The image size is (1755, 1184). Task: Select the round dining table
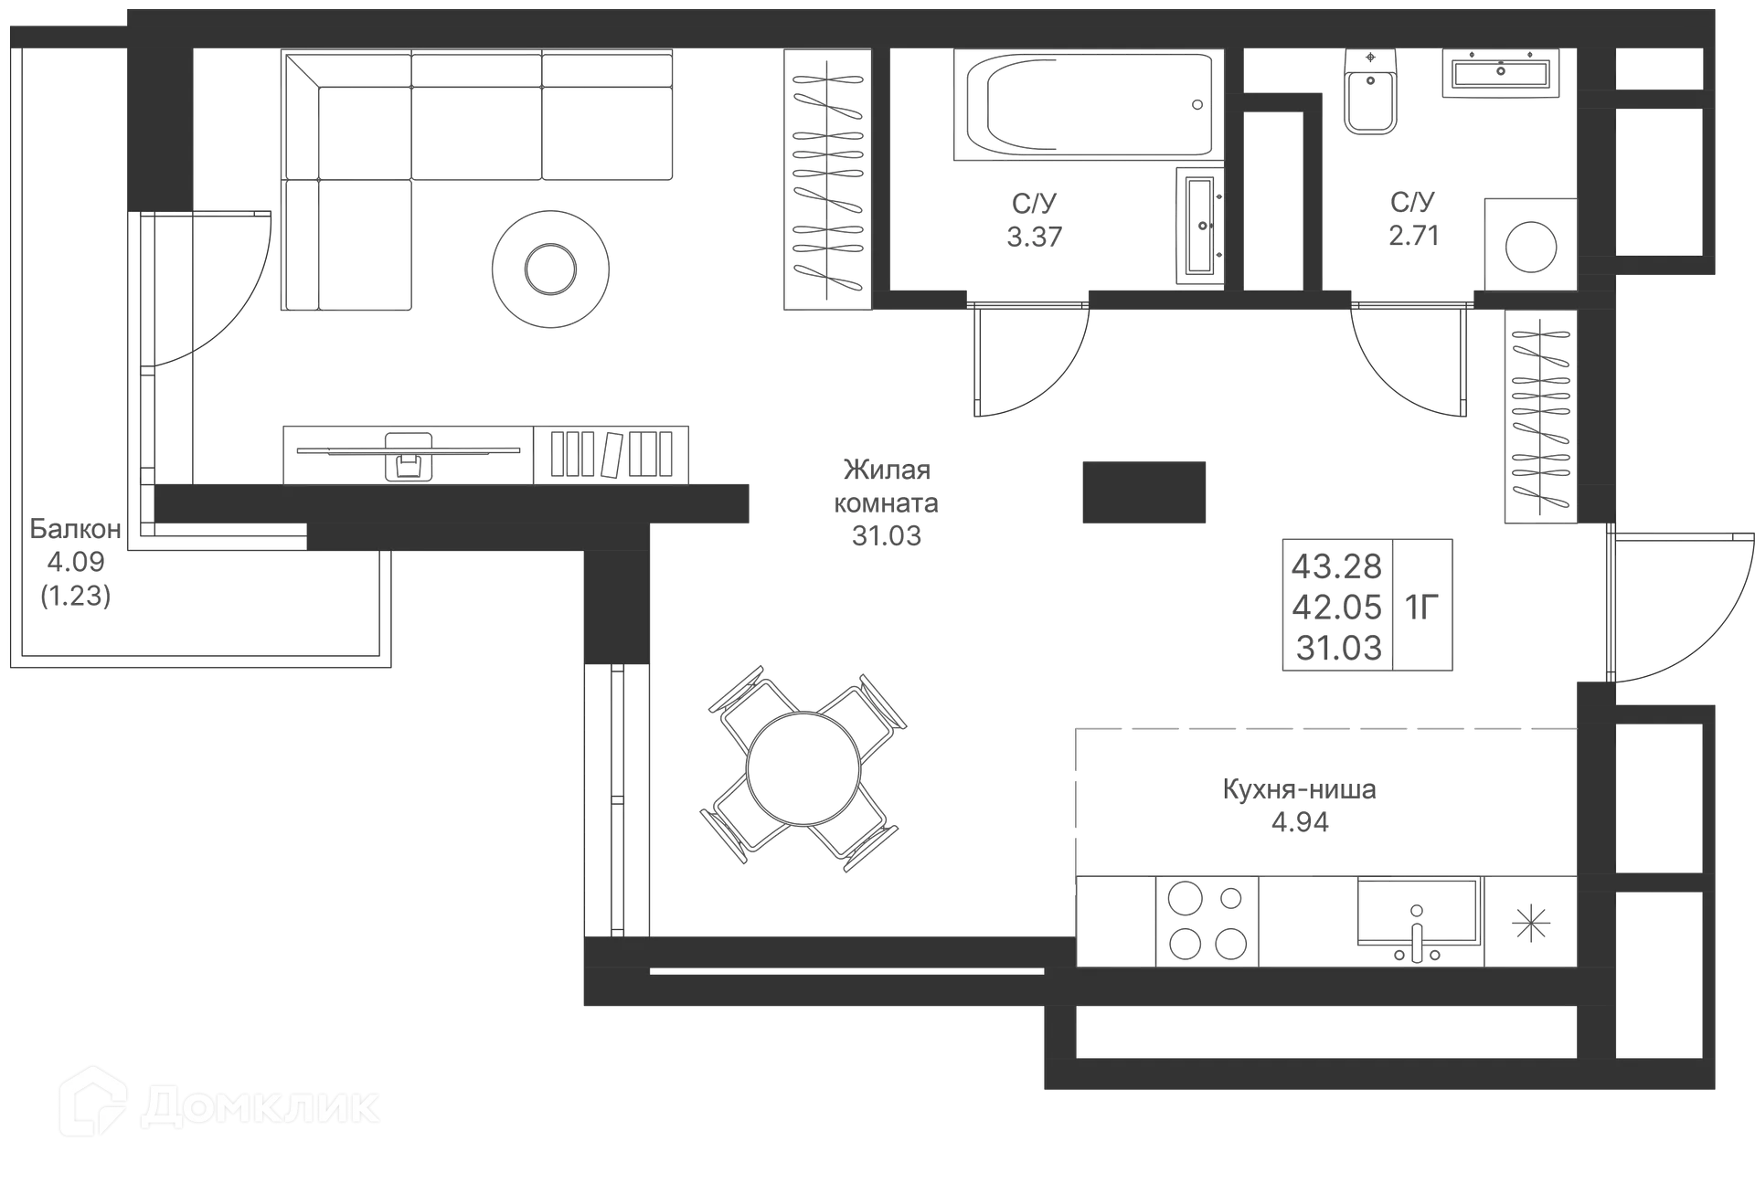pos(803,766)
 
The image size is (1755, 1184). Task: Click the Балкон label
pos(75,528)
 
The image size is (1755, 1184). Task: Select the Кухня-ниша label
pos(1301,789)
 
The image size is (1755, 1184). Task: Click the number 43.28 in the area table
pos(1336,566)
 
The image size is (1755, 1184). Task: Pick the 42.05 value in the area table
pos(1337,606)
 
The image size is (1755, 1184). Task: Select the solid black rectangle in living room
pos(1143,490)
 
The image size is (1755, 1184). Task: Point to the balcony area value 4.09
pos(76,561)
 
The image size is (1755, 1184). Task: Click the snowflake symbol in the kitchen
pos(1531,923)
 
